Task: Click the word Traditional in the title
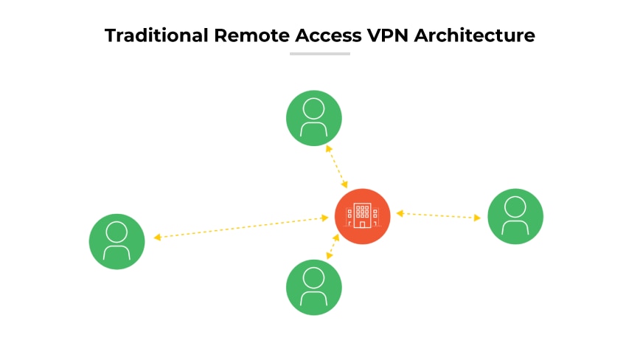pyautogui.click(x=155, y=35)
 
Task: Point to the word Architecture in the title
pyautogui.click(x=474, y=35)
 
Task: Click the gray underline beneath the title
pyautogui.click(x=319, y=54)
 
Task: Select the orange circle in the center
pyautogui.click(x=362, y=216)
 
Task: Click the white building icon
pyautogui.click(x=362, y=215)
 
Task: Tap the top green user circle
pyautogui.click(x=314, y=118)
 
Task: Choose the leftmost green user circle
pyautogui.click(x=116, y=241)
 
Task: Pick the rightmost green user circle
pyautogui.click(x=515, y=216)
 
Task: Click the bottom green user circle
pyautogui.click(x=314, y=287)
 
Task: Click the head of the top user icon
pyautogui.click(x=314, y=108)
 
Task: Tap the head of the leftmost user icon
pyautogui.click(x=116, y=232)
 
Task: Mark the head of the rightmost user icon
pyautogui.click(x=515, y=207)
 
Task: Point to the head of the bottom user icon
pyautogui.click(x=314, y=277)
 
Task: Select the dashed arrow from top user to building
pyautogui.click(x=337, y=165)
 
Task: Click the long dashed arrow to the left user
pyautogui.click(x=241, y=227)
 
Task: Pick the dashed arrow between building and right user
pyautogui.click(x=438, y=215)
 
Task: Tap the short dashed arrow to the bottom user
pyautogui.click(x=333, y=246)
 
